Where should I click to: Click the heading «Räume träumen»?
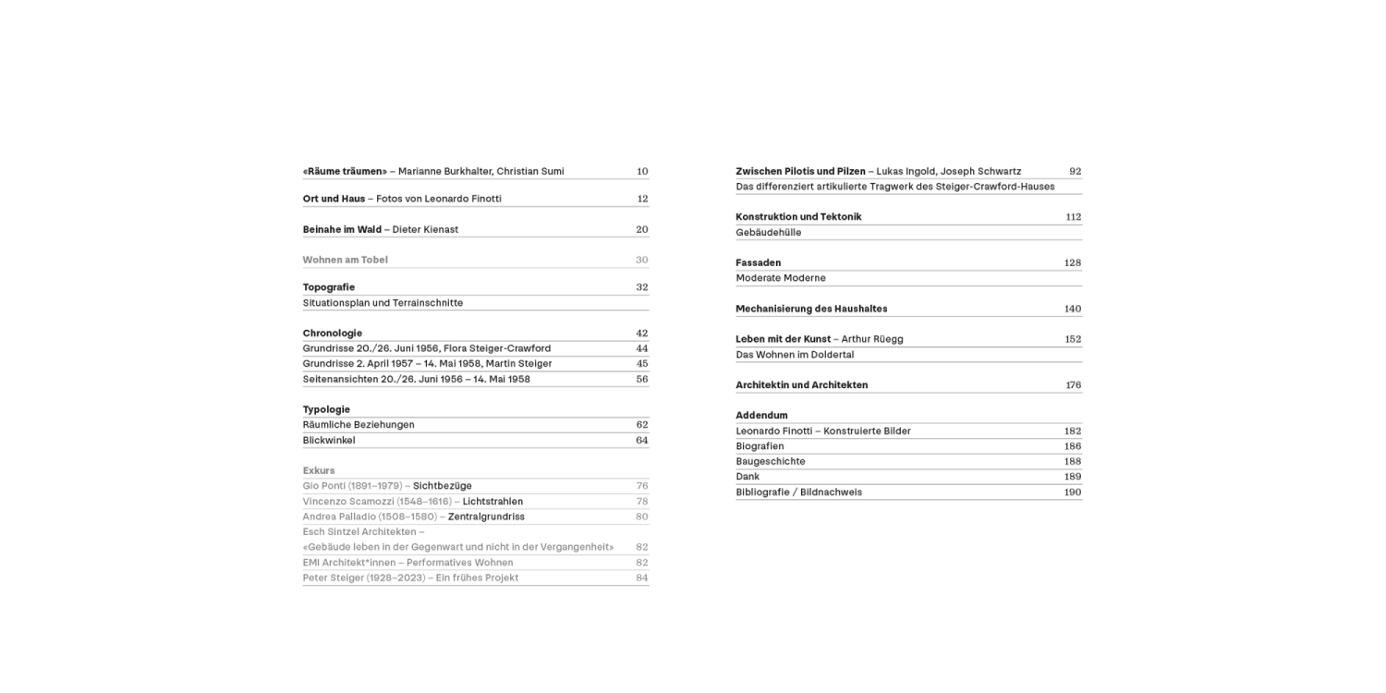pyautogui.click(x=345, y=171)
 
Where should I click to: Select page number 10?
pyautogui.click(x=642, y=171)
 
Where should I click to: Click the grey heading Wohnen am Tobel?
pyautogui.click(x=345, y=260)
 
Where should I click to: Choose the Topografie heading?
pyautogui.click(x=329, y=287)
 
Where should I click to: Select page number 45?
pyautogui.click(x=642, y=364)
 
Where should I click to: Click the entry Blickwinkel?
pyautogui.click(x=329, y=441)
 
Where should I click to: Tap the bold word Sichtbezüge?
pyautogui.click(x=443, y=486)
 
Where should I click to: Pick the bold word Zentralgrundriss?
pyautogui.click(x=486, y=517)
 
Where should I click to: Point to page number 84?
pyautogui.click(x=642, y=577)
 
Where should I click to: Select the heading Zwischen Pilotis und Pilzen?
pyautogui.click(x=800, y=171)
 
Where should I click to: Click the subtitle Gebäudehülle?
pyautogui.click(x=768, y=233)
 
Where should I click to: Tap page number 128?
pyautogui.click(x=1073, y=263)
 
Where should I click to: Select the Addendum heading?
pyautogui.click(x=761, y=416)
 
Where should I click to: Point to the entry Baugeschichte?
pyautogui.click(x=770, y=461)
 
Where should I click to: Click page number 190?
pyautogui.click(x=1073, y=492)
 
